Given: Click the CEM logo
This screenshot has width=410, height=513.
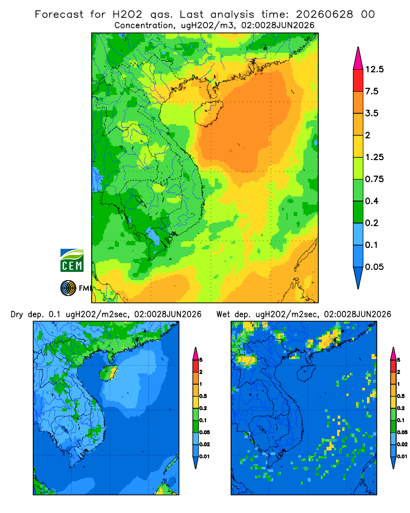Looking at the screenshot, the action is pos(72,261).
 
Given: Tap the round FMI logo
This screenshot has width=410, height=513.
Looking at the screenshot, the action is pos(68,288).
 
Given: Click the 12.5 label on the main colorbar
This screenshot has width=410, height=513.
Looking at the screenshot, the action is pos(374,69).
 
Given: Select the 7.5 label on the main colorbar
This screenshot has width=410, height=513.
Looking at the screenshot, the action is pos(372,91).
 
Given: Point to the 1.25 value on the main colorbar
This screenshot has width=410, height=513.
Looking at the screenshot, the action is pos(374,157).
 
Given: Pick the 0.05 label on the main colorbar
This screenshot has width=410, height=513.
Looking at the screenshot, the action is pos(374,267).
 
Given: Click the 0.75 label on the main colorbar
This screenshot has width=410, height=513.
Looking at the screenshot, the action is pos(374,179).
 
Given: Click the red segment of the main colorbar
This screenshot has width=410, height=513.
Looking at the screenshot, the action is pos(358,81).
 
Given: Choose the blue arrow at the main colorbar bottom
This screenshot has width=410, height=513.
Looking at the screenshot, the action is pos(358,277).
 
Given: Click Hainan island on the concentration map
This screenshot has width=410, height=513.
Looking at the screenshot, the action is pos(208,113).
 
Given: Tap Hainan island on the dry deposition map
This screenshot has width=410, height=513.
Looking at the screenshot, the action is pos(108,373).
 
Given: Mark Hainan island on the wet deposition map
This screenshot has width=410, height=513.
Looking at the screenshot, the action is pos(306,373).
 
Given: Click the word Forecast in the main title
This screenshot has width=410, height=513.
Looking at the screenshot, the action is pos(59,14).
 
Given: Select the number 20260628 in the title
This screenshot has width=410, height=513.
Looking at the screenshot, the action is pos(324,14).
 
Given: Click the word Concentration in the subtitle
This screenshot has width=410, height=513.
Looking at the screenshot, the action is pos(144,26).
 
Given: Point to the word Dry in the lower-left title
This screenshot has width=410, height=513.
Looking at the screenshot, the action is pos(17,314).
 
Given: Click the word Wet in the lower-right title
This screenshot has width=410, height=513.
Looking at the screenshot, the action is pos(223,314).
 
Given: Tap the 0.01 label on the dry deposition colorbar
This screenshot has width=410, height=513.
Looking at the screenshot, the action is pos(204,457).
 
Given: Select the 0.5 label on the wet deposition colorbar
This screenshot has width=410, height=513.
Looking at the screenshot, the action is pos(401,396).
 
